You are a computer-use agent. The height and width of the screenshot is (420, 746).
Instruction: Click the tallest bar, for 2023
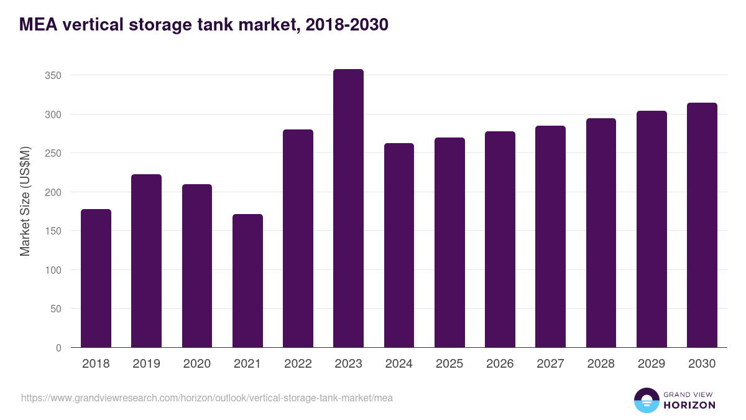(348, 208)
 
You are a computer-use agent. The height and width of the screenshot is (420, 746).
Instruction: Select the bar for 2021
(247, 281)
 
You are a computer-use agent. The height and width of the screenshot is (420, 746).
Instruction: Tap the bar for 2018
(96, 278)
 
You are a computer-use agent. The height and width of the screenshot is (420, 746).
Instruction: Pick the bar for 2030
(702, 225)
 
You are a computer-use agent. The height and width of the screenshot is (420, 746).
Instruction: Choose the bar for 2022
(298, 238)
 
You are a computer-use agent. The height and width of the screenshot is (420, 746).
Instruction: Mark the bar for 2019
(147, 261)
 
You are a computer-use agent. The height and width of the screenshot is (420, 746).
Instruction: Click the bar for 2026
(500, 240)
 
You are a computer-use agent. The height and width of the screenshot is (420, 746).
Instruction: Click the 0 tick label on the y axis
(58, 348)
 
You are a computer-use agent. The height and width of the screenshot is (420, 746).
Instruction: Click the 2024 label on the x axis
(398, 364)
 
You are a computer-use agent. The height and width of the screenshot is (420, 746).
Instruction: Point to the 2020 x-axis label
(197, 364)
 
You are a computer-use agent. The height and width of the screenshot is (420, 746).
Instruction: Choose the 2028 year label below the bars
(601, 364)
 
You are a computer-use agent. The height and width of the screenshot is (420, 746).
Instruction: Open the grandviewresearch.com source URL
(207, 398)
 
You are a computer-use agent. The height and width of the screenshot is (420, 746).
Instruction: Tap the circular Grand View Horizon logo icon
(646, 400)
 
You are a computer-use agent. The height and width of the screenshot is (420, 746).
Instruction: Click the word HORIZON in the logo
(689, 405)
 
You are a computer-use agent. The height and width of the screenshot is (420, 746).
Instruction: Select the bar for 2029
(652, 229)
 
